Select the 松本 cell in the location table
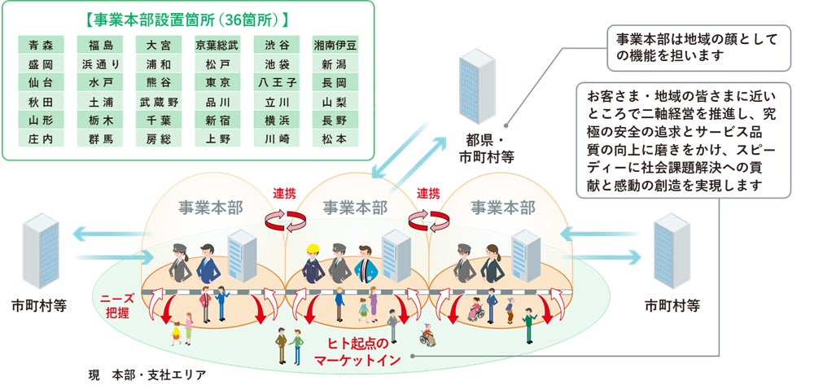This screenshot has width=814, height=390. pyautogui.click(x=334, y=139)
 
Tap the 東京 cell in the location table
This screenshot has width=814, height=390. pyautogui.click(x=217, y=83)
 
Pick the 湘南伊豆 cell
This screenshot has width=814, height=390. pyautogui.click(x=334, y=45)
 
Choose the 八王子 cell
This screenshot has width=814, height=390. pyautogui.click(x=277, y=83)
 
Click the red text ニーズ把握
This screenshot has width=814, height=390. pyautogui.click(x=114, y=305)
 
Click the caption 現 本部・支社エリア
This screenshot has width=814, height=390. pyautogui.click(x=147, y=376)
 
